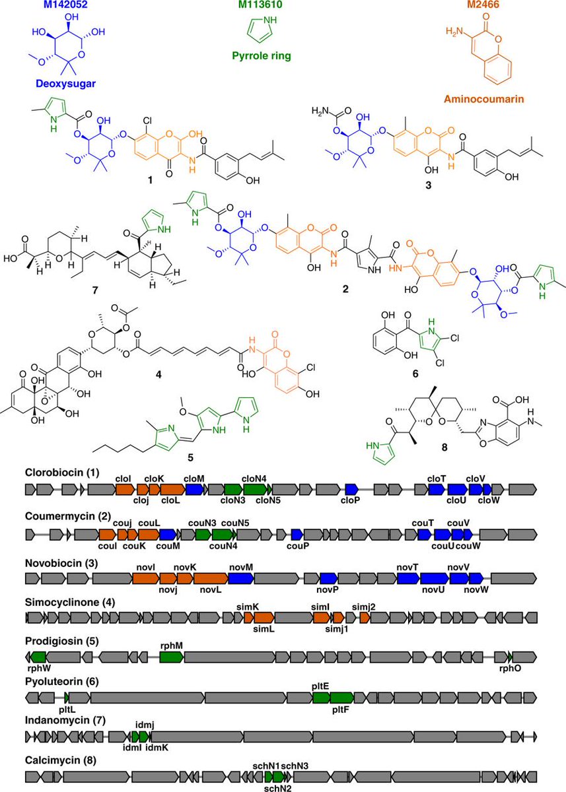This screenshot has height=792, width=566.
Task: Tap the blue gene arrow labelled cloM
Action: [194, 489]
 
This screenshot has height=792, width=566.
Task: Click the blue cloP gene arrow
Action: [352, 489]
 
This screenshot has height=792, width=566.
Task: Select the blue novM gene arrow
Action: [241, 578]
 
